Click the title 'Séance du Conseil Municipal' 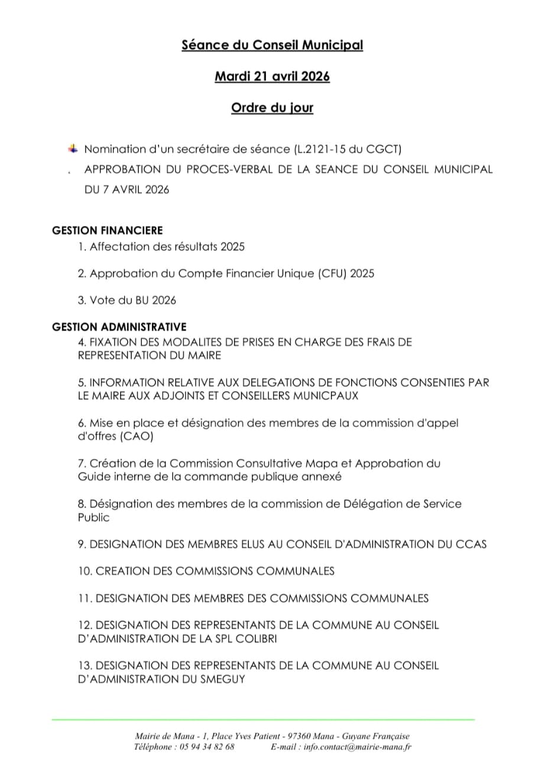click(x=272, y=46)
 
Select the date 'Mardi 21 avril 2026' click(x=272, y=77)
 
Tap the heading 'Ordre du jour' click(x=272, y=108)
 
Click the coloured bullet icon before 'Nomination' click(x=72, y=148)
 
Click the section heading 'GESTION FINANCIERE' click(x=108, y=231)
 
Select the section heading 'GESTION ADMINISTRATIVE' click(x=119, y=326)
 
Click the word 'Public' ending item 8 click(x=94, y=517)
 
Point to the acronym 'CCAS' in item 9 click(x=471, y=544)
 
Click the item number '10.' click(x=85, y=571)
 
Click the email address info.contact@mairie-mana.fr click(x=358, y=746)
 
